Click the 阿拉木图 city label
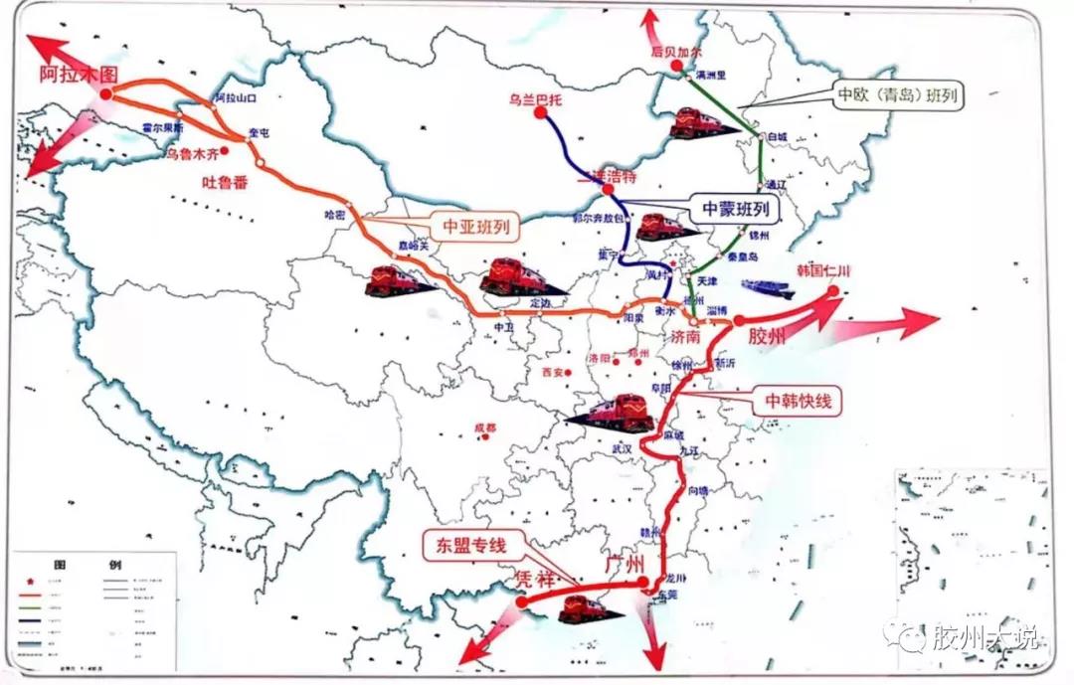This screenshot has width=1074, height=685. [77, 74]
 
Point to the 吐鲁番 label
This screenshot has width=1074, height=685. [228, 182]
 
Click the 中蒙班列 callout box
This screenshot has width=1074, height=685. [736, 209]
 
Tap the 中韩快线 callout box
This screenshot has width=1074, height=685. [797, 401]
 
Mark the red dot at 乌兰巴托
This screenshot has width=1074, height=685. [539, 113]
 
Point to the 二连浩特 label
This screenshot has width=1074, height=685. [608, 176]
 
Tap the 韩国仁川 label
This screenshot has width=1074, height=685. [824, 271]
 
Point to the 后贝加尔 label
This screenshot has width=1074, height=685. [676, 50]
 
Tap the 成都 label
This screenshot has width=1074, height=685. [484, 428]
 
